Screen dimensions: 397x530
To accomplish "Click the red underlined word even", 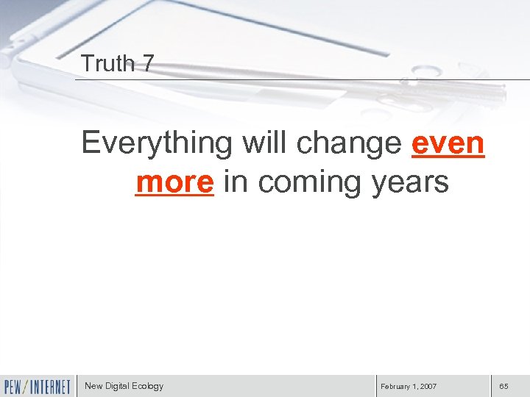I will (448, 142).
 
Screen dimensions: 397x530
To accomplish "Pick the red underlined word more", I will (174, 182).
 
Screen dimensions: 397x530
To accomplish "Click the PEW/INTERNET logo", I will (38, 387).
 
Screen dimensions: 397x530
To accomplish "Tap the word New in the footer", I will (93, 386).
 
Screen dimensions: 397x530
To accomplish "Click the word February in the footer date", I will (397, 387).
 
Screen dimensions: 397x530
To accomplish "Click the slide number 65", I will (504, 387).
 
